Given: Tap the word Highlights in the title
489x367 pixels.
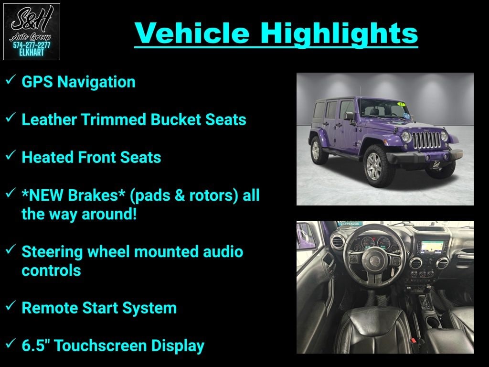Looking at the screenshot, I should pyautogui.click(x=339, y=33).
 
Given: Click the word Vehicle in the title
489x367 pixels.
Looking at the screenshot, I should pyautogui.click(x=191, y=33).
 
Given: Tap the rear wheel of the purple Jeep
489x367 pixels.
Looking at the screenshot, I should pyautogui.click(x=317, y=150).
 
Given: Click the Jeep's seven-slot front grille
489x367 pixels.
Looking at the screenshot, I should pyautogui.click(x=426, y=140).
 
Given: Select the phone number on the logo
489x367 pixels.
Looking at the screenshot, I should pyautogui.click(x=32, y=45).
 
